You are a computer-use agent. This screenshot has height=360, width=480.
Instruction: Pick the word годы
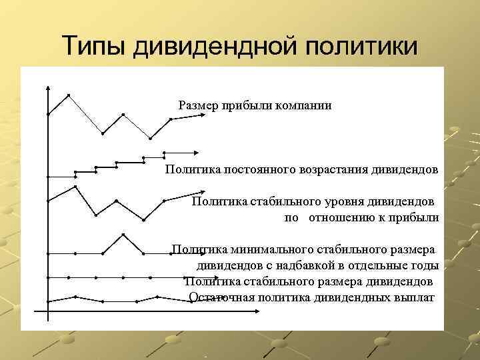point(425,265)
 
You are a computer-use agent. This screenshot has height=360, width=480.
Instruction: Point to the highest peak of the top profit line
point(69,95)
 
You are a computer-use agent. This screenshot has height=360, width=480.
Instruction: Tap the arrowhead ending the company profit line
point(199,117)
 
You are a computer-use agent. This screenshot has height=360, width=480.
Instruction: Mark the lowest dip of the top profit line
point(151,139)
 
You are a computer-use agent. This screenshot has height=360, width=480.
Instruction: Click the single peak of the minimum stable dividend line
point(123,234)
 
